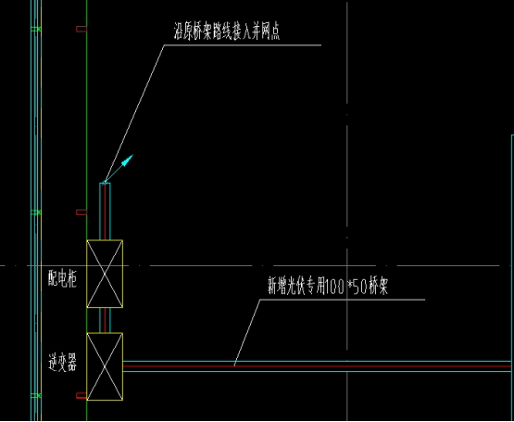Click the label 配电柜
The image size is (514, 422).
click(x=63, y=279)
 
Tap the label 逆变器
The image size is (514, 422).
click(x=63, y=363)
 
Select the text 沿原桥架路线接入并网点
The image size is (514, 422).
click(x=227, y=32)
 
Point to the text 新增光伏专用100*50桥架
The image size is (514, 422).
click(x=328, y=286)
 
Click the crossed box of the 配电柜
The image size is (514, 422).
click(x=105, y=274)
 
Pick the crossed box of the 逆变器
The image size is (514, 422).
click(x=105, y=366)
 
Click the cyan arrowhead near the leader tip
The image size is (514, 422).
click(x=128, y=160)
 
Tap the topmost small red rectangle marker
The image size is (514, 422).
click(x=81, y=30)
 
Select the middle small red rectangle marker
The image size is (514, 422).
click(x=81, y=212)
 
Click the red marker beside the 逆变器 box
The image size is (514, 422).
click(x=81, y=395)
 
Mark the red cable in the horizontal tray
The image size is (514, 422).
click(x=317, y=366)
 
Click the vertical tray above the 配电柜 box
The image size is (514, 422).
click(x=105, y=211)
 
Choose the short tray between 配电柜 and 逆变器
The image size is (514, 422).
click(x=105, y=320)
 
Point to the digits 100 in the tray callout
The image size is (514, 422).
click(x=334, y=287)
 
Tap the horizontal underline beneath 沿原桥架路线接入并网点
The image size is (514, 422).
click(x=243, y=45)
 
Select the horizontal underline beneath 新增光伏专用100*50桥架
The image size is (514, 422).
click(x=343, y=300)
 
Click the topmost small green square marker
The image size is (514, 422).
click(x=36, y=30)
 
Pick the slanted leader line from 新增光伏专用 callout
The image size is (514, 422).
click(x=247, y=333)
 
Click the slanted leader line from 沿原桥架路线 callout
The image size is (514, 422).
click(x=133, y=114)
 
